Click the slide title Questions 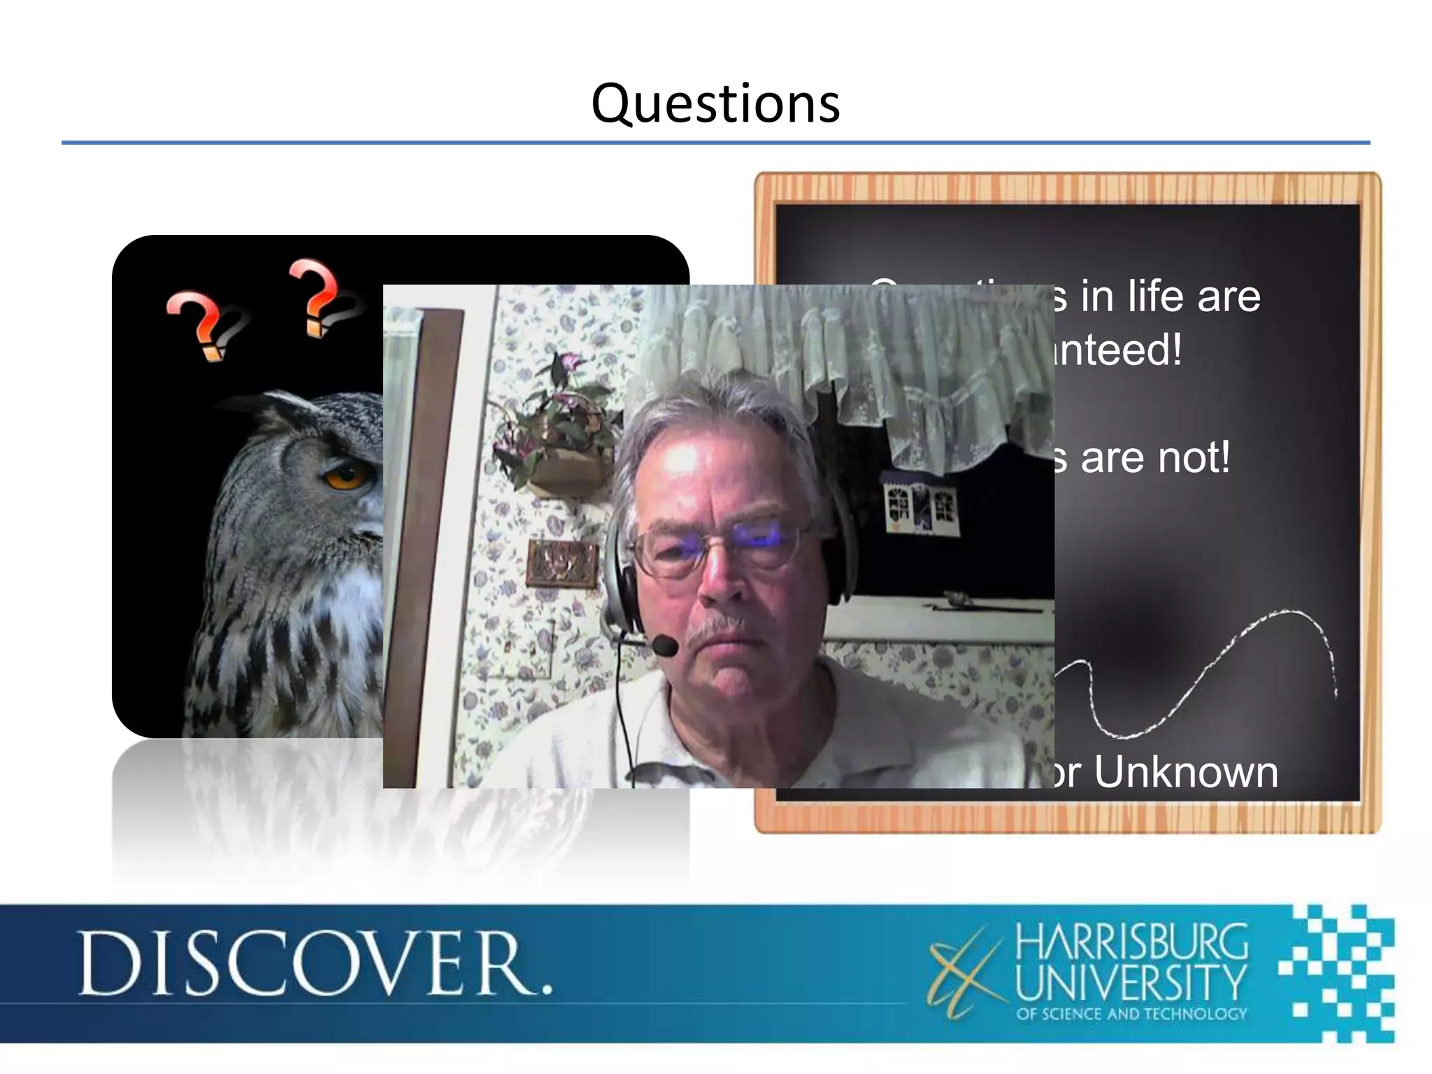coord(715,103)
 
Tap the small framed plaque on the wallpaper coord(562,564)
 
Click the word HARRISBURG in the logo coord(1131,941)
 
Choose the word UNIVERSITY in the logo coord(1131,982)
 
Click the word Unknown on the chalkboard coord(1186,772)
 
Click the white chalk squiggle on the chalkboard coord(1203,671)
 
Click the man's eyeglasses coord(720,549)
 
